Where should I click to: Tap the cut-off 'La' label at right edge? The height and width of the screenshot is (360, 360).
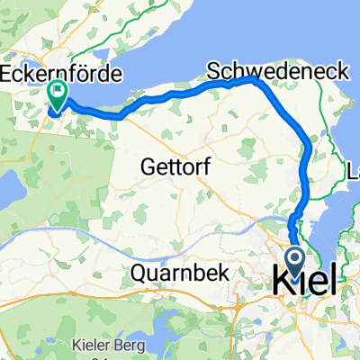pos(352,168)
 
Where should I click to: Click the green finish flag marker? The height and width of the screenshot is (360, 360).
pos(58,91)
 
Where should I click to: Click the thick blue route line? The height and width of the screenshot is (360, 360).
pos(180,98)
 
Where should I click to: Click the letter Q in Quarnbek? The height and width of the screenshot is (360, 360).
pos(139,272)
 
